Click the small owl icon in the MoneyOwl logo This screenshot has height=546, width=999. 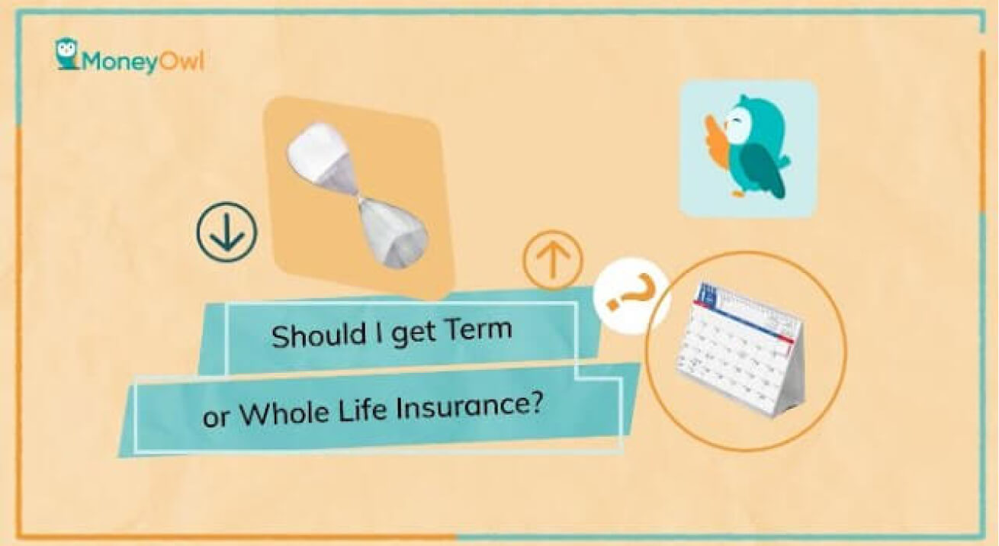click(67, 53)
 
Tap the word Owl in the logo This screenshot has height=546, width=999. click(181, 61)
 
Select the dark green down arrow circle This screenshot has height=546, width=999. click(226, 232)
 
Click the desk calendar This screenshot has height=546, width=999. click(742, 348)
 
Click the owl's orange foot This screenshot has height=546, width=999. click(738, 192)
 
